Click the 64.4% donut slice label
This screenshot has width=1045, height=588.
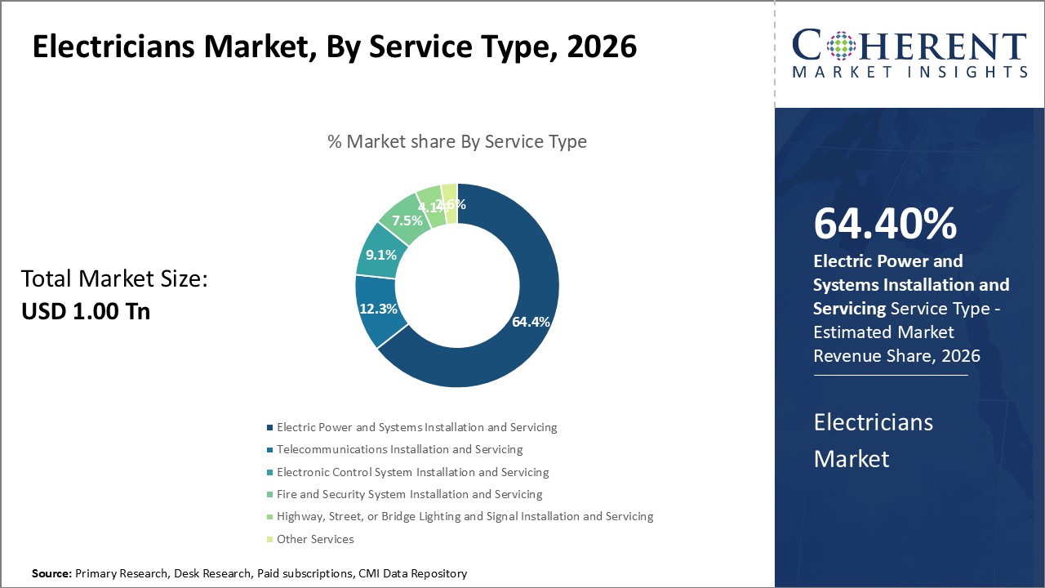tap(531, 322)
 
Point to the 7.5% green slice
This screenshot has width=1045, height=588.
tap(406, 220)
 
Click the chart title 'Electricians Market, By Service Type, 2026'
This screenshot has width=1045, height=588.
tap(334, 47)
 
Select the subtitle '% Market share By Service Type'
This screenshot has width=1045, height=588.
tap(456, 141)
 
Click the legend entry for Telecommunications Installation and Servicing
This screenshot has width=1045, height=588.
tap(399, 449)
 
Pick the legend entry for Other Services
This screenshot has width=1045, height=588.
tap(315, 539)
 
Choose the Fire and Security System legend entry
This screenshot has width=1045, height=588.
tap(409, 494)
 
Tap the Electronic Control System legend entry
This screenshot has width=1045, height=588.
tap(412, 472)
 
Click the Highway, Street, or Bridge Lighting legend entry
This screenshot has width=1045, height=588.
tap(465, 516)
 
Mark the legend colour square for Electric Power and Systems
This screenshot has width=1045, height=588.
tap(269, 427)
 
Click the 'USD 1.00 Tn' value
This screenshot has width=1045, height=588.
tap(86, 311)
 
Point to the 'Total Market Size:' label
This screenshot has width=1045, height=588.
tap(115, 279)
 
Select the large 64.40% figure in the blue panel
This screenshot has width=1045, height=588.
tap(885, 224)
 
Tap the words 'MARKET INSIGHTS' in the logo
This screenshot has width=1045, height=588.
tap(909, 72)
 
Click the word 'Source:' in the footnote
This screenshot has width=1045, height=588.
tap(51, 574)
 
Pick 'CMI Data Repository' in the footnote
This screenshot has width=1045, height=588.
tap(412, 574)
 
